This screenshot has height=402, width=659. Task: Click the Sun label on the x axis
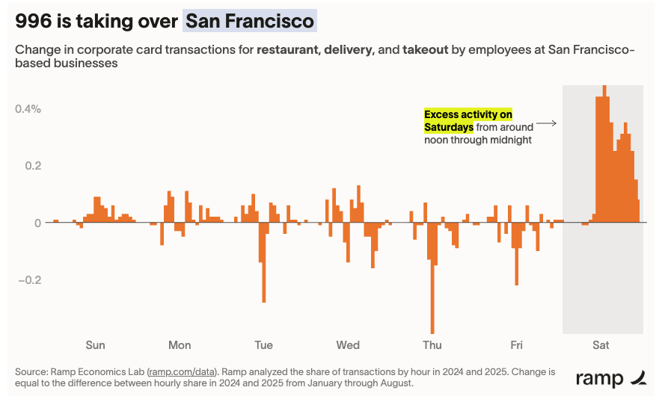point(95,345)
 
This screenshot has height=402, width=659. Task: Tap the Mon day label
point(180,345)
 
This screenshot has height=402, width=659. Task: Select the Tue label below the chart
point(263,345)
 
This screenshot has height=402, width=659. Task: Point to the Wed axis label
point(348,345)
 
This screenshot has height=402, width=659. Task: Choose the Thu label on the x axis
point(432,345)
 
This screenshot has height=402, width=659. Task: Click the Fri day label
point(516,345)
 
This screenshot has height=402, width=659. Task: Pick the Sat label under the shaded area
point(601,345)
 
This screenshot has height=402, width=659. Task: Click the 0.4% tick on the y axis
point(28,108)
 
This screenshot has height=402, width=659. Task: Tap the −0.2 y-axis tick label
point(26,280)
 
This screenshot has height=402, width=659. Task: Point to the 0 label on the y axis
point(37,223)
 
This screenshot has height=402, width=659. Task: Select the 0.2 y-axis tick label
point(31,166)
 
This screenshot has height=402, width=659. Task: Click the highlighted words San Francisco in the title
point(250,20)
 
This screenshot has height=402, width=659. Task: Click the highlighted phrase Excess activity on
point(468,114)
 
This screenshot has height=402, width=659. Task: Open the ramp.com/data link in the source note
point(182,371)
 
